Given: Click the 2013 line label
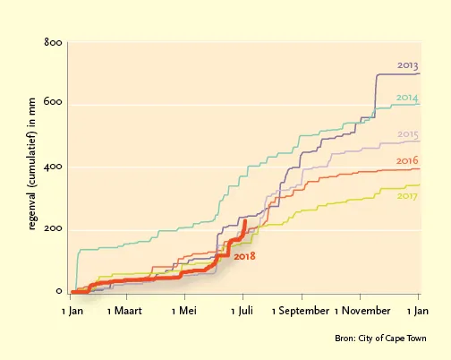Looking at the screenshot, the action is (x=407, y=65).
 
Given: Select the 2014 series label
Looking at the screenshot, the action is (x=407, y=98).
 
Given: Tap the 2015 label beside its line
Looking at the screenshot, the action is (x=408, y=134).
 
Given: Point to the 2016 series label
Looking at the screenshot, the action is (x=407, y=160).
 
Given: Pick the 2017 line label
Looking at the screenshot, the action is (x=407, y=196).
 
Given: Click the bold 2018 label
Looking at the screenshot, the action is (x=244, y=256).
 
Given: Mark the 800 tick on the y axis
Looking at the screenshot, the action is (x=53, y=42).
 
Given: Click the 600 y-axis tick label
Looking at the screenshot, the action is (x=53, y=101).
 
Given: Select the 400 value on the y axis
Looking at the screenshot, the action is (x=53, y=167).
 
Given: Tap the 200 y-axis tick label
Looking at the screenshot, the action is (x=53, y=228).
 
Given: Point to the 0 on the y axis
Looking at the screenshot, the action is (x=59, y=291).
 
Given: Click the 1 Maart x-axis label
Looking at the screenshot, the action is (x=124, y=311).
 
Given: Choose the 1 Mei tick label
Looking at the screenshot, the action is (x=184, y=311).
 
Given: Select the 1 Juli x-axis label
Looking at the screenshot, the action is (x=242, y=311).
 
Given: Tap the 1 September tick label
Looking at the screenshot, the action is (x=301, y=311).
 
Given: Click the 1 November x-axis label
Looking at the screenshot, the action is (x=362, y=311).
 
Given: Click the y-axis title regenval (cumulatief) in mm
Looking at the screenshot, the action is (x=32, y=164).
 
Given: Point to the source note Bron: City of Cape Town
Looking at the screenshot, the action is (x=380, y=339).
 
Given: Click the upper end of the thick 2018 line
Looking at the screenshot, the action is (x=245, y=221).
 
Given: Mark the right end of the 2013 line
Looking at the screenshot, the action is (x=420, y=73).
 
